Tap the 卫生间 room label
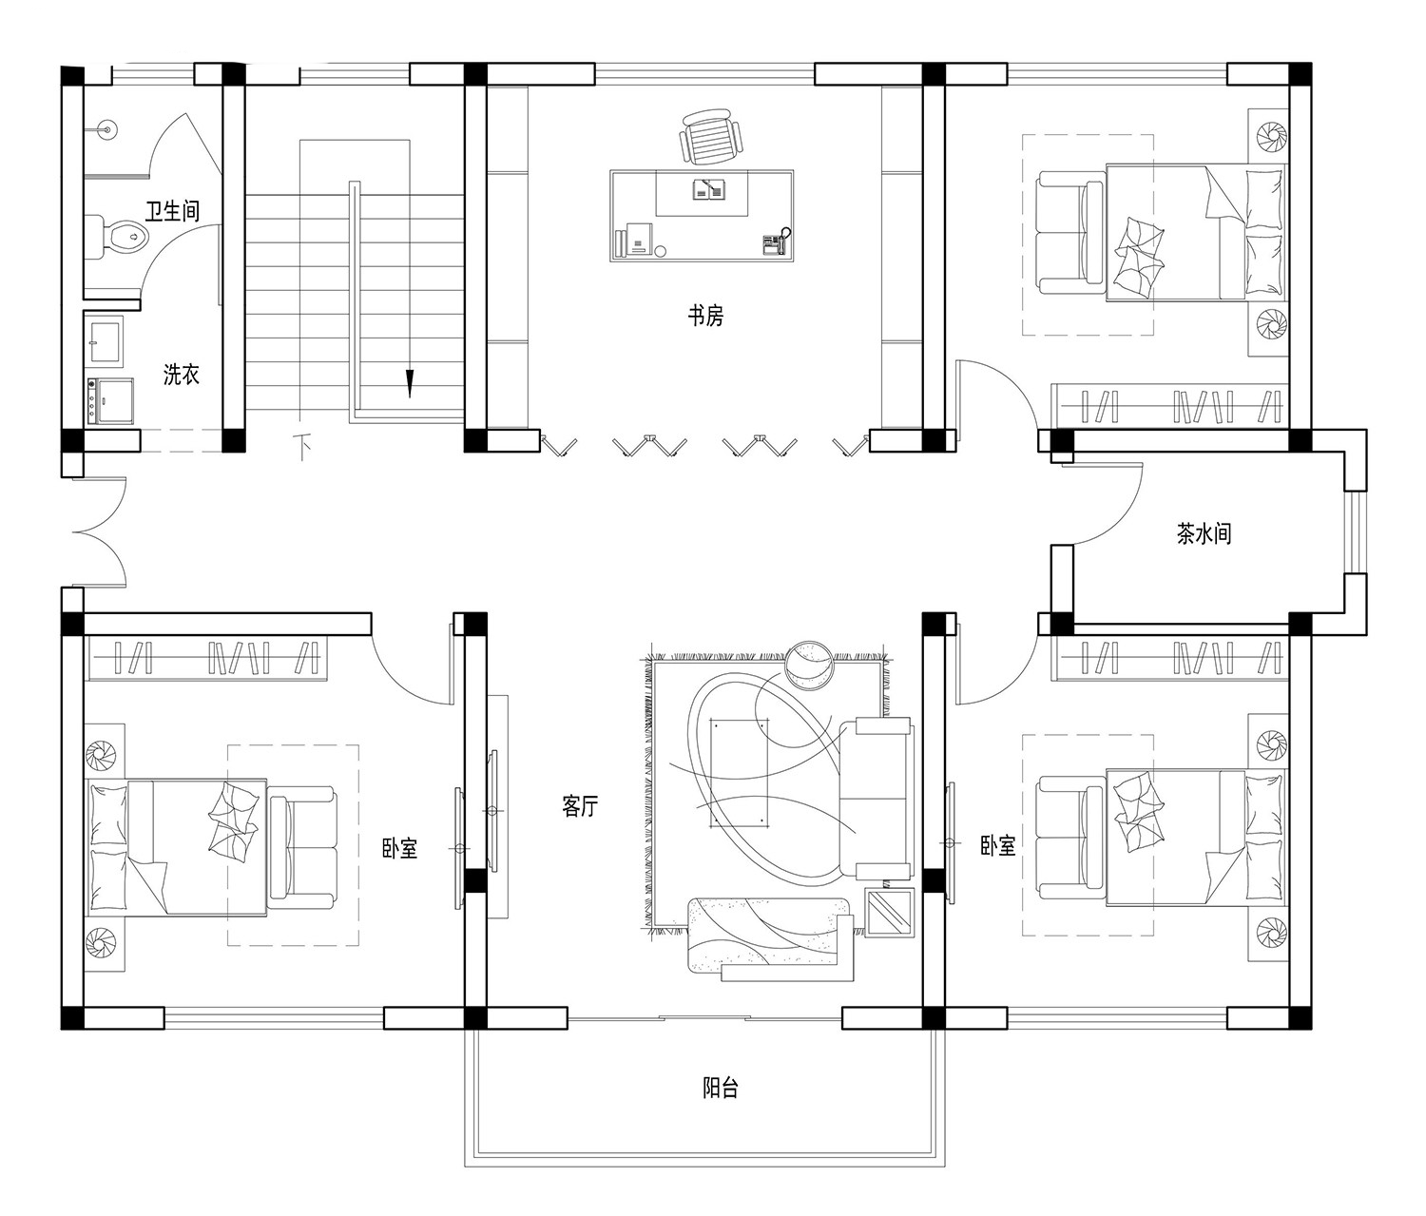[172, 210]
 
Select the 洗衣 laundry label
[182, 375]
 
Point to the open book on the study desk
[709, 189]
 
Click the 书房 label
[705, 316]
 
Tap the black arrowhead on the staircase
[410, 384]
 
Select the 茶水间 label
[1204, 533]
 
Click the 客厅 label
[580, 806]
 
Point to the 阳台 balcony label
[721, 1089]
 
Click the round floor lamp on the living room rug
[810, 666]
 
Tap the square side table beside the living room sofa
[890, 912]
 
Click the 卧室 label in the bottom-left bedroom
[400, 848]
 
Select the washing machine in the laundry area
[110, 399]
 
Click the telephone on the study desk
[776, 243]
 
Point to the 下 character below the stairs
[302, 447]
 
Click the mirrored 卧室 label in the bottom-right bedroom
[998, 845]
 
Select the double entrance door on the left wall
[101, 532]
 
